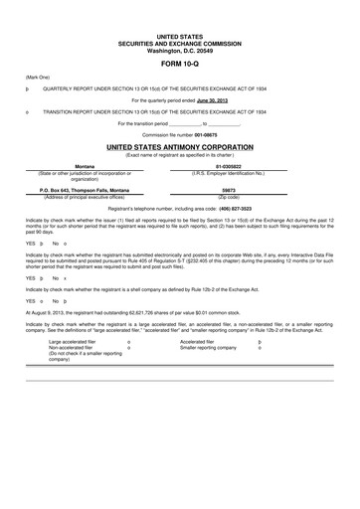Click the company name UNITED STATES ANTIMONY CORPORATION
(x=179, y=147)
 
